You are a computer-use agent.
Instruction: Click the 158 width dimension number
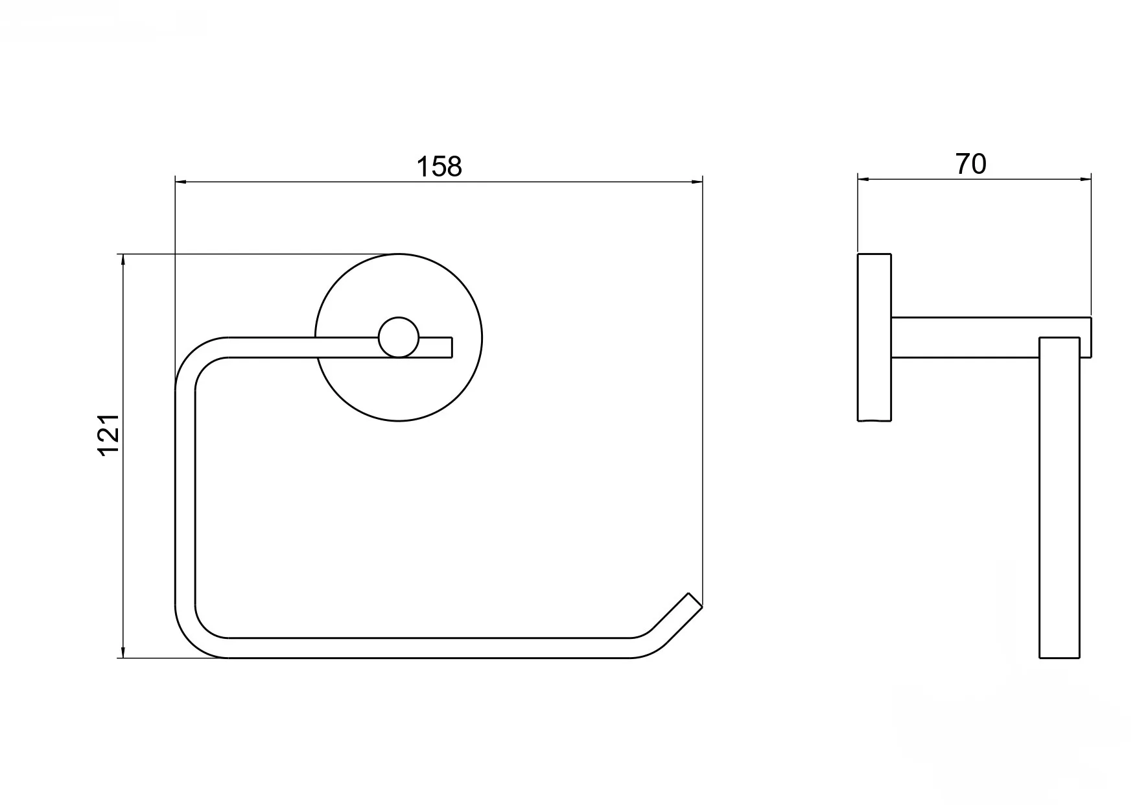[439, 166]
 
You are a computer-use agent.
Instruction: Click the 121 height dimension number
[109, 434]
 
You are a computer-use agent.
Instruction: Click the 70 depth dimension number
[970, 164]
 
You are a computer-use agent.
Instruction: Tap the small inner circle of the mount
[399, 337]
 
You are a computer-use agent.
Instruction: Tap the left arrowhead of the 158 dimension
[181, 181]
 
